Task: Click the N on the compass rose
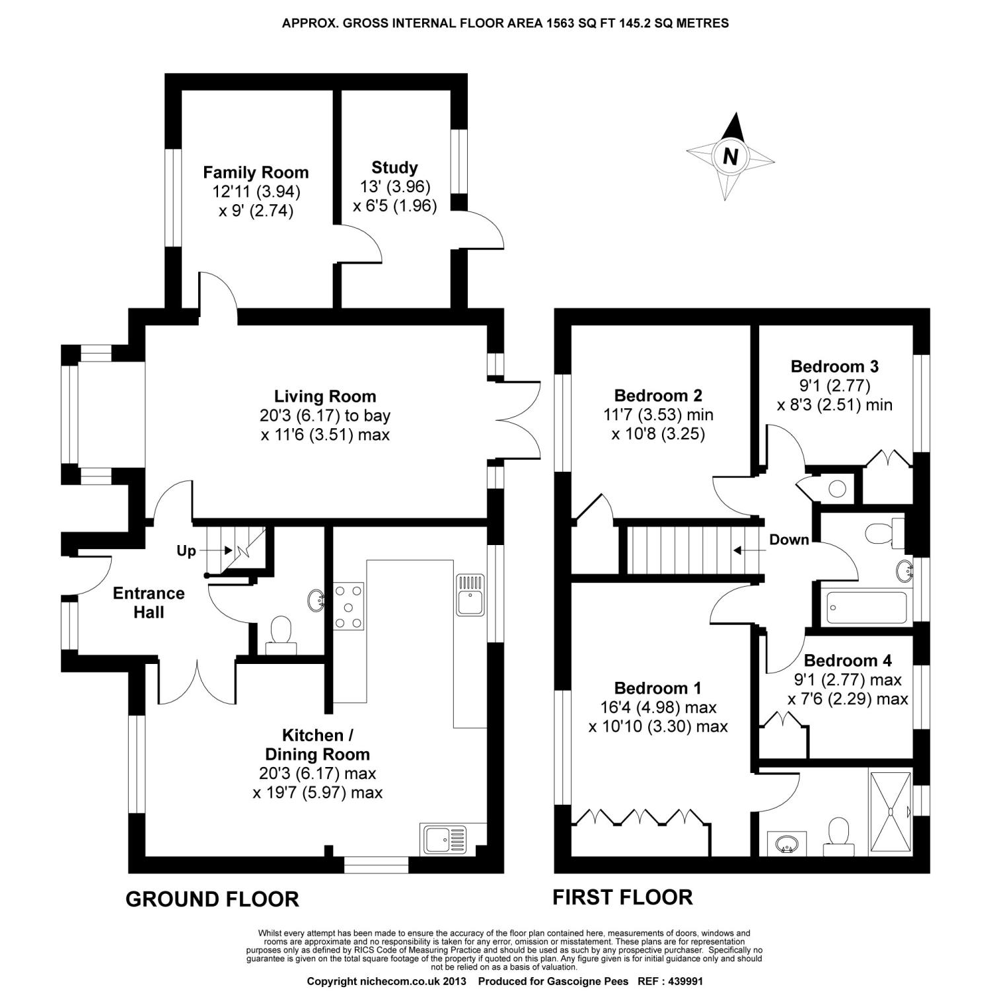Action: pos(730,157)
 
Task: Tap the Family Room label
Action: pos(256,172)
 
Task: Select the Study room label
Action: pos(394,167)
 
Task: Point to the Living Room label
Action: pos(325,396)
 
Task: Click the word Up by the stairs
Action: pos(186,550)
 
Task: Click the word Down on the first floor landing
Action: pos(789,540)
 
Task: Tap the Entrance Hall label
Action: pos(149,603)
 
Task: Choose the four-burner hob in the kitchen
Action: pos(348,605)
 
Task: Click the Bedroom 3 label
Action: pos(834,366)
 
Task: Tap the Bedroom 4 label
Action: pos(848,660)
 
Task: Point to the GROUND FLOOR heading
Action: pos(212,899)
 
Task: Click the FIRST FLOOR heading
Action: pos(622,897)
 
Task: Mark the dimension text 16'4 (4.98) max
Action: pos(658,708)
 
